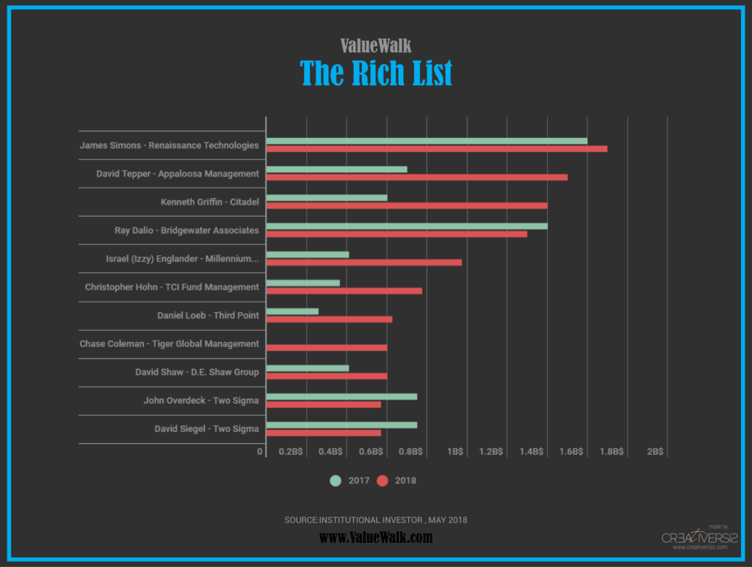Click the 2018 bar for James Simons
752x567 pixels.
coord(436,149)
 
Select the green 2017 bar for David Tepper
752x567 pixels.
coord(336,169)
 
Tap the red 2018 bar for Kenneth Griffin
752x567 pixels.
coord(406,205)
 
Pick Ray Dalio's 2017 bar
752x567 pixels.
coord(406,226)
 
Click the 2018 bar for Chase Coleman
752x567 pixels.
coord(326,348)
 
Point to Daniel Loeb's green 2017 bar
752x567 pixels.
coord(292,311)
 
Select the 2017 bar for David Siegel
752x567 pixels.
coord(341,425)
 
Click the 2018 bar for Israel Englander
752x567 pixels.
coord(364,262)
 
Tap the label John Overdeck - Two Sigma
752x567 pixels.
coord(201,400)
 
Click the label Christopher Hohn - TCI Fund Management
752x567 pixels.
coord(172,287)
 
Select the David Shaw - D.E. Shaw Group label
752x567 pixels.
coord(197,372)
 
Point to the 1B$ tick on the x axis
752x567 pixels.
coord(455,452)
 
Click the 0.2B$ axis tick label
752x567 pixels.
coord(291,452)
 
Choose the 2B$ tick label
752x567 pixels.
coord(655,452)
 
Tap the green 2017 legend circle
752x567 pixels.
coord(336,481)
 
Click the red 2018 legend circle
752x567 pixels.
coord(382,481)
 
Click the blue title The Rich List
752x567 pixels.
coord(376,73)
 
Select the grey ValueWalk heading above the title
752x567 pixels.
coord(376,45)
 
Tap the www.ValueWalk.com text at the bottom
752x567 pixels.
coord(376,538)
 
